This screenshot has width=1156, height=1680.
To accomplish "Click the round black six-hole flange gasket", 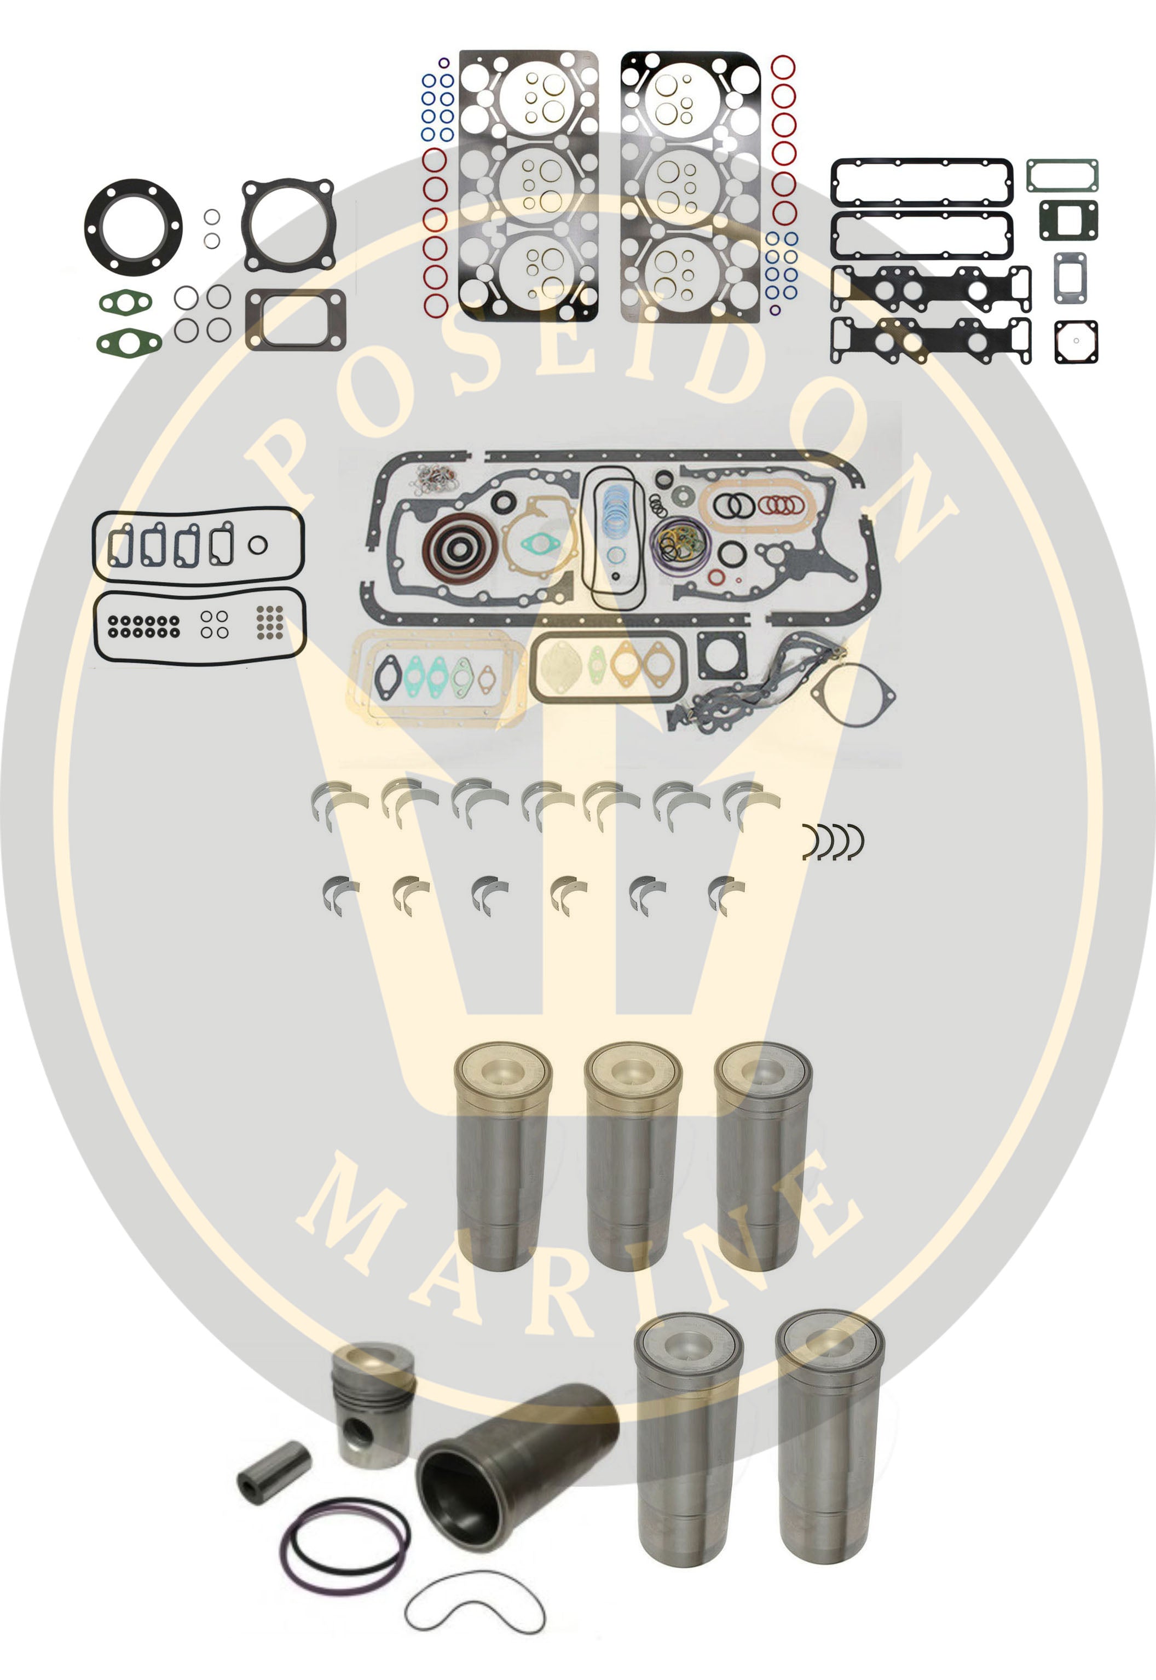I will coord(133,227).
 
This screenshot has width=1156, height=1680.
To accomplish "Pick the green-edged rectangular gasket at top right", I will coord(1062,175).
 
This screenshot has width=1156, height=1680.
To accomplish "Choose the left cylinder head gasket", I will coord(529,186).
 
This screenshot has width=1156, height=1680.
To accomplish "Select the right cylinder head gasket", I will coord(690,186).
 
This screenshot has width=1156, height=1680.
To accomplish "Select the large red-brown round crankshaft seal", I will coord(460,548).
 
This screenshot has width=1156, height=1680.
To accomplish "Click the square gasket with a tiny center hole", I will coord(1076,341).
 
